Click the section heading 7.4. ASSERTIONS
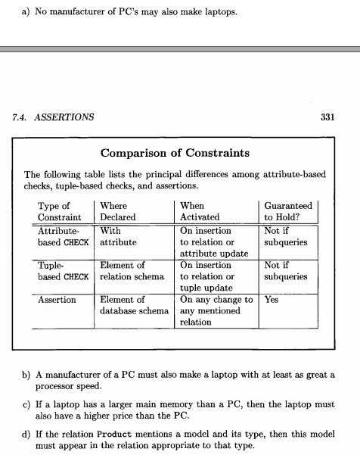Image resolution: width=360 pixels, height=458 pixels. click(x=54, y=117)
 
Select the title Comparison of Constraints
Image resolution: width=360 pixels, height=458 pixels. click(x=175, y=153)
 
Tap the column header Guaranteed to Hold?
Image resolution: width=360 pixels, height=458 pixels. click(x=287, y=211)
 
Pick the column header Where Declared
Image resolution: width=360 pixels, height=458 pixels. click(x=116, y=211)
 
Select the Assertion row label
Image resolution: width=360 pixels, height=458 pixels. click(x=57, y=301)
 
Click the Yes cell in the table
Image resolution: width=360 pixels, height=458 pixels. click(x=272, y=301)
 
